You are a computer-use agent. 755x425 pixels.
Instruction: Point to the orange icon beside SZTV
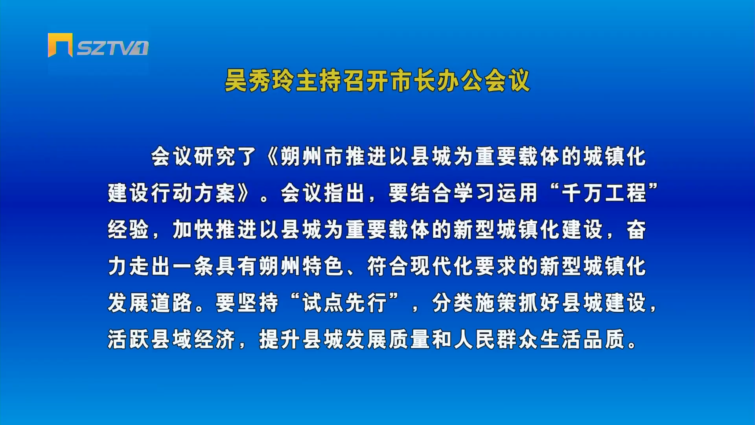coord(60,45)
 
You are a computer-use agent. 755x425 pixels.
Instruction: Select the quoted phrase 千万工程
coord(604,193)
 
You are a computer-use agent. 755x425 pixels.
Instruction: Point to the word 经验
coord(128,230)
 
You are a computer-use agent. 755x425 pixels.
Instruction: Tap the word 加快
coord(193,230)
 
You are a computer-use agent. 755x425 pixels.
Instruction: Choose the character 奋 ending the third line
coord(636,230)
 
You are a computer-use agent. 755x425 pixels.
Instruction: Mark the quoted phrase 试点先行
coord(345,303)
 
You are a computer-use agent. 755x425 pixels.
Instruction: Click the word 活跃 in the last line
coord(128,339)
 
